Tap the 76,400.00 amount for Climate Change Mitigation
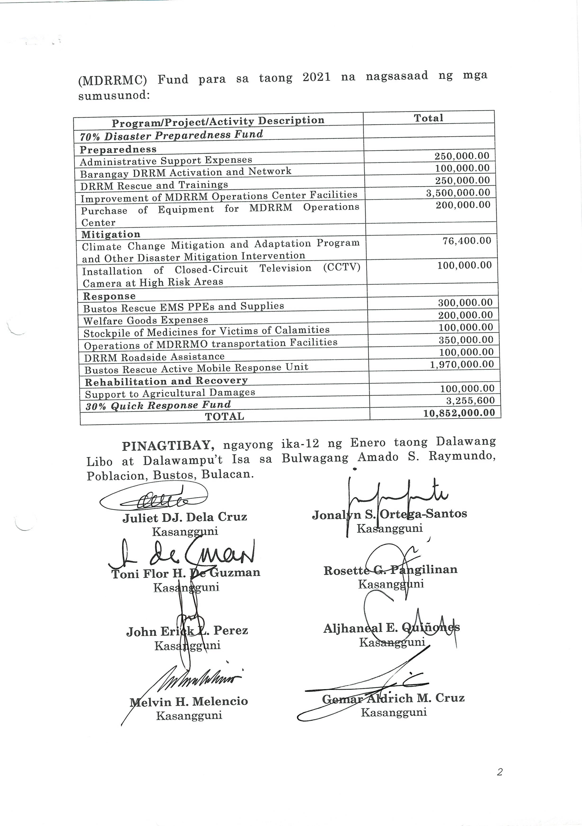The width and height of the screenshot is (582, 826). click(x=467, y=241)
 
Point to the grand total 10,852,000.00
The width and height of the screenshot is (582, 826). click(x=459, y=413)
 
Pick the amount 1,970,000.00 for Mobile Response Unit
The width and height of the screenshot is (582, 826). click(x=462, y=364)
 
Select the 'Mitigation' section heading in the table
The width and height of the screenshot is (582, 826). click(x=111, y=234)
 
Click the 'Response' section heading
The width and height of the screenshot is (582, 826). click(x=109, y=296)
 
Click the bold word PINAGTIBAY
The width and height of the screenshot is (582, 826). click(x=168, y=446)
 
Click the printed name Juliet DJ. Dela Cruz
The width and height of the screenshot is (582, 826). click(x=185, y=517)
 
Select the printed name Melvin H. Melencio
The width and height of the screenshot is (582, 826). click(x=189, y=701)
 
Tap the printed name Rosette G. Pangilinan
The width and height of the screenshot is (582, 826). click(x=390, y=570)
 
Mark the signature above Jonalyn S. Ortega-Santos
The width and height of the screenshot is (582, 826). click(x=395, y=500)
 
